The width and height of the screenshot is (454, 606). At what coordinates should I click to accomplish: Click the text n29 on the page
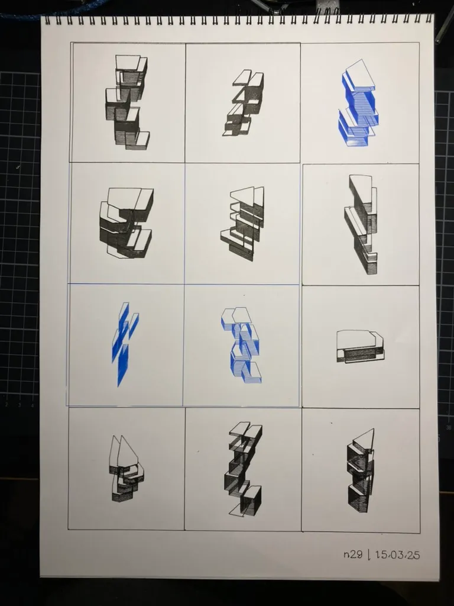(353, 555)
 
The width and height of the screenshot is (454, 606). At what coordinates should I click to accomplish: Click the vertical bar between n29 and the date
(369, 555)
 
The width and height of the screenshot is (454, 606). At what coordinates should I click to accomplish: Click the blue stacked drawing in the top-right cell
(358, 103)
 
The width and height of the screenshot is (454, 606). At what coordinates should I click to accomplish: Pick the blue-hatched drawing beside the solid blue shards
(241, 345)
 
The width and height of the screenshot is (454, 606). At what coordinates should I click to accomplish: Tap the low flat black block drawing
(360, 346)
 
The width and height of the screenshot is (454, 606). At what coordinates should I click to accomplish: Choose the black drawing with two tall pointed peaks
(127, 469)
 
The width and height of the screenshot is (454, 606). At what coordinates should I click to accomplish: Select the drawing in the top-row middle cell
(243, 103)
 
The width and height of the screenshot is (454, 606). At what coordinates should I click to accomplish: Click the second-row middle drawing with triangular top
(242, 223)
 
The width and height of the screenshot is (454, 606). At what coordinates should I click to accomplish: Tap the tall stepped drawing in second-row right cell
(361, 224)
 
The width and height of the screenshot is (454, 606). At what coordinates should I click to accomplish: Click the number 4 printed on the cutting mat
(33, 405)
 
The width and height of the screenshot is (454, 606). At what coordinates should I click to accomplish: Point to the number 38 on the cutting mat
(449, 427)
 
